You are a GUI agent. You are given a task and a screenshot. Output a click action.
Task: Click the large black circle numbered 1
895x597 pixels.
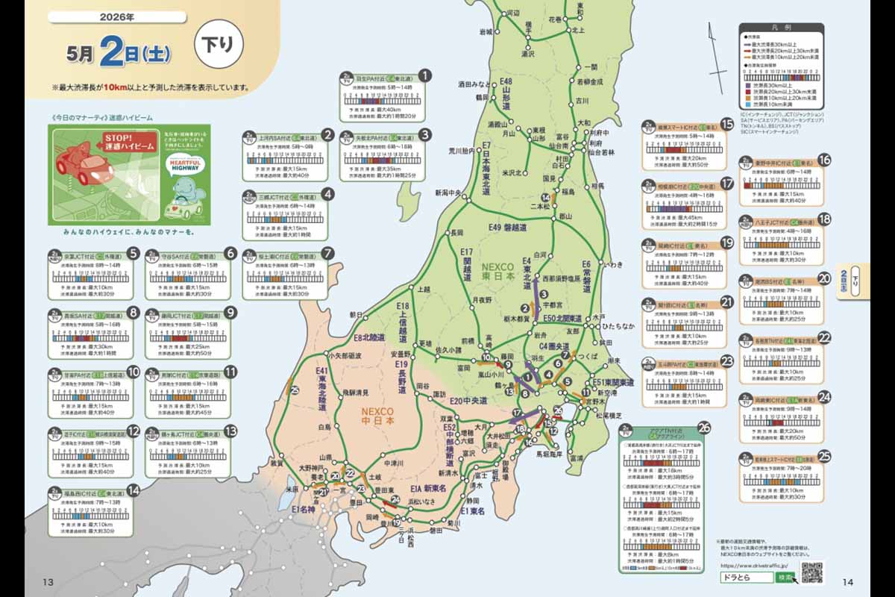click(x=424, y=75)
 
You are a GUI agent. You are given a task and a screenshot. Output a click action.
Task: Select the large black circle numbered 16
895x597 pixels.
click(x=823, y=160)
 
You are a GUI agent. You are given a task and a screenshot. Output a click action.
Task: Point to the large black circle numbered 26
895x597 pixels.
click(x=704, y=428)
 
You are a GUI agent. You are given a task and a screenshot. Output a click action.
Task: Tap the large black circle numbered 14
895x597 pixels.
click(x=133, y=490)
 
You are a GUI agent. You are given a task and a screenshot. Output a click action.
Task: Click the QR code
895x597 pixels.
click(x=812, y=572)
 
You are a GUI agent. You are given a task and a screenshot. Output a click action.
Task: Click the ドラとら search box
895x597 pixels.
click(x=747, y=578)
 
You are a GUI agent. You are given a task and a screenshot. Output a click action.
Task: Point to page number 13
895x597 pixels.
click(x=48, y=582)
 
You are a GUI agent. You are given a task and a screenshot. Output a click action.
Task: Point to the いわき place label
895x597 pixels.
click(x=614, y=264)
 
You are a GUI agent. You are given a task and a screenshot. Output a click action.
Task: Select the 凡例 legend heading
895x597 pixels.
click(x=781, y=28)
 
